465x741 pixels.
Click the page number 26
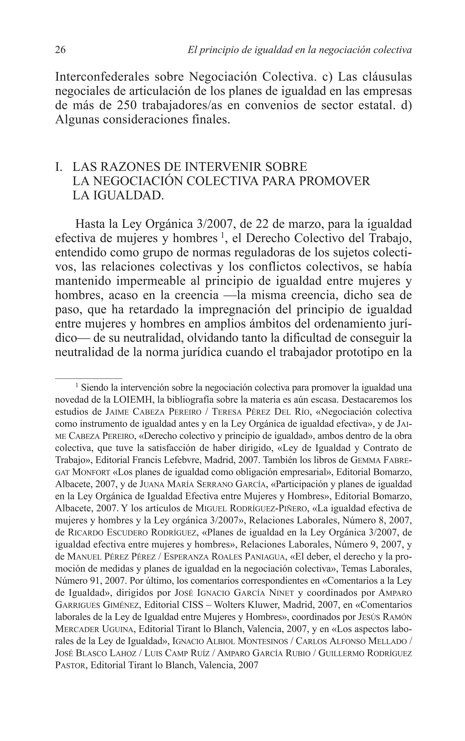coord(60,50)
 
